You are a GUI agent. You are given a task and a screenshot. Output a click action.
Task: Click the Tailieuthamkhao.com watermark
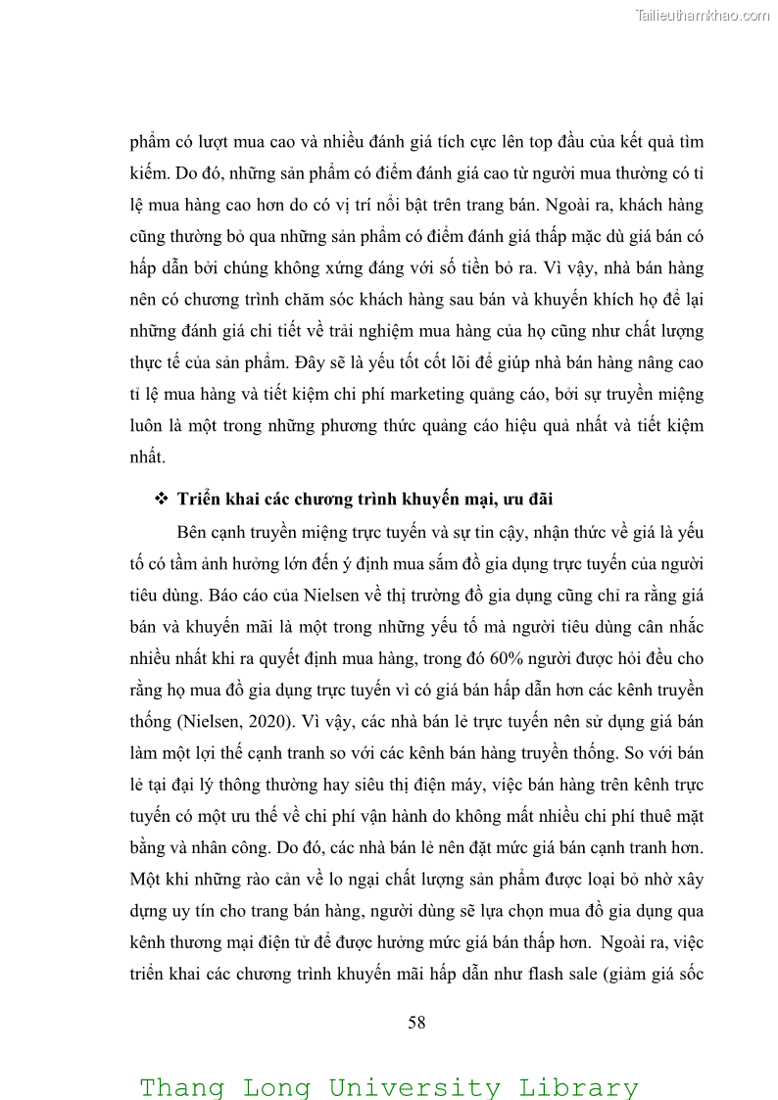[703, 15]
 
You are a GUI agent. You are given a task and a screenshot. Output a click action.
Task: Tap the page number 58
[416, 1023]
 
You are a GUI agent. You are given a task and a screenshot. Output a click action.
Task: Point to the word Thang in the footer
[181, 1087]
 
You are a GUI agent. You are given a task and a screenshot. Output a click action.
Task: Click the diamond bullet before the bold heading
[162, 500]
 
